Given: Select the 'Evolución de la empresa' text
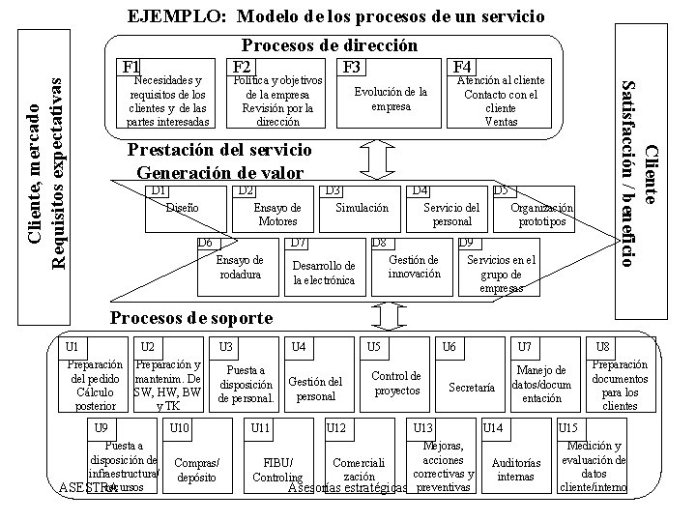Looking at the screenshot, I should [x=391, y=99].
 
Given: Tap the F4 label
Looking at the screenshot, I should [x=461, y=66].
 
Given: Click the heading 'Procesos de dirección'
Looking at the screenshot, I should [x=329, y=45].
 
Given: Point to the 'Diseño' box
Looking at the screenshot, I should [x=183, y=208].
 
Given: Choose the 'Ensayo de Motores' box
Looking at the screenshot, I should [x=277, y=215].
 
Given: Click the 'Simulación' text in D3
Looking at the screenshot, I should [x=362, y=208].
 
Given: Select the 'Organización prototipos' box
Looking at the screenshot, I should [x=541, y=215].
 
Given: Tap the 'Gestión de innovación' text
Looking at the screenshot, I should [x=414, y=267].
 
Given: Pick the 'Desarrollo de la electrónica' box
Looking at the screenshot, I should [x=324, y=273].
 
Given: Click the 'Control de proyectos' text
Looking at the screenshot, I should [x=396, y=383].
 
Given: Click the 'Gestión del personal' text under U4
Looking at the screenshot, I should [x=316, y=390].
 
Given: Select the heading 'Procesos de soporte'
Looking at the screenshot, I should [x=192, y=318].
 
